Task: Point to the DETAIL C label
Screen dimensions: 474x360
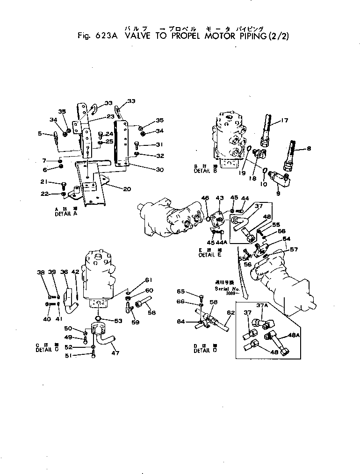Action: [46, 350]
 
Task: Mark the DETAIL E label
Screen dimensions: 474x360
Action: [209, 255]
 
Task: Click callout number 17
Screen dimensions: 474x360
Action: [285, 122]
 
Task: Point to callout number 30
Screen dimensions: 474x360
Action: [147, 170]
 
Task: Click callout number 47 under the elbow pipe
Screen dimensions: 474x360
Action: [115, 353]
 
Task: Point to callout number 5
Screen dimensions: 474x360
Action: [40, 134]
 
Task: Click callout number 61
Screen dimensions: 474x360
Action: [149, 280]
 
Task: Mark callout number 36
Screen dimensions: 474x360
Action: [64, 272]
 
